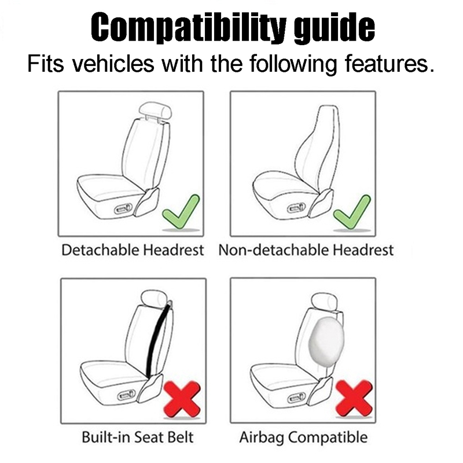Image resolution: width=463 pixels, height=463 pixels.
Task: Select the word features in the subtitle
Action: click(x=382, y=63)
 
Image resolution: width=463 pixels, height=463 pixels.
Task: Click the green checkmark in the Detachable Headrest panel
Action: click(x=181, y=211)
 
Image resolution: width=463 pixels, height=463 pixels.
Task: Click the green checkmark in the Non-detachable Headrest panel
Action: click(x=352, y=211)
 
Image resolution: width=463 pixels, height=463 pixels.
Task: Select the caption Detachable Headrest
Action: click(x=133, y=251)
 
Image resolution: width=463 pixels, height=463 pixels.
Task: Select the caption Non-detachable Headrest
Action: click(x=306, y=251)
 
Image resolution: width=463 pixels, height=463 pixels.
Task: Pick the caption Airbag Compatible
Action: click(x=304, y=438)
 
